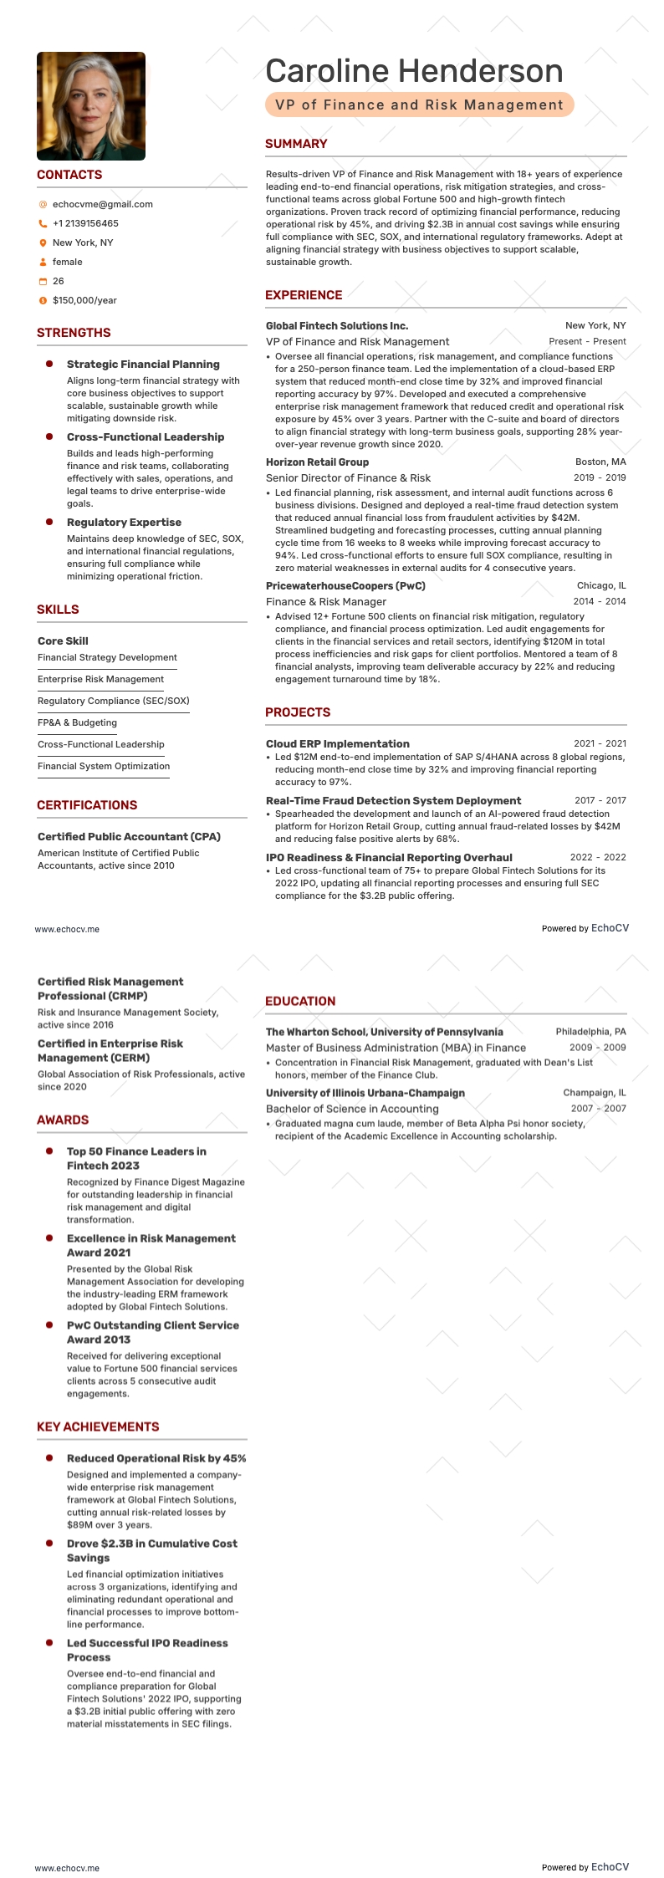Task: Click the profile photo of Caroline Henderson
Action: coord(91,106)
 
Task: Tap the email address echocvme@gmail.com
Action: coord(102,204)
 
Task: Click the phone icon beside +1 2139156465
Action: coord(43,223)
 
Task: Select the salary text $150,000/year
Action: coord(84,300)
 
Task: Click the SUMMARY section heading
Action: coord(296,144)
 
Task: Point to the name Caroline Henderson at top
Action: coord(414,71)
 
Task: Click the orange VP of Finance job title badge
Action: coord(419,105)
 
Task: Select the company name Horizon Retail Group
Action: coord(317,462)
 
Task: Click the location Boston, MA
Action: coord(600,462)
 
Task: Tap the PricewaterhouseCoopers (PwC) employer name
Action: coord(345,585)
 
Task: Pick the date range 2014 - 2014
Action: coord(600,601)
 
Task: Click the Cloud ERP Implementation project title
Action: coord(338,743)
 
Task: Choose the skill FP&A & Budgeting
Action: coord(77,722)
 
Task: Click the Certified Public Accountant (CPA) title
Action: coord(129,836)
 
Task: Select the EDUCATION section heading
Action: coord(300,1001)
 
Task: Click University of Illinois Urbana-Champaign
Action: coord(365,1093)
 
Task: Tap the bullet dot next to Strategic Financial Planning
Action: coord(49,364)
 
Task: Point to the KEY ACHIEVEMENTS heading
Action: coord(98,1426)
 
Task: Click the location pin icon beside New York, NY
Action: coord(43,242)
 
